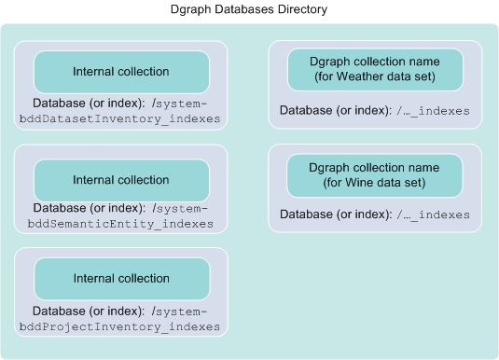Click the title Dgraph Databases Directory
tap(249, 9)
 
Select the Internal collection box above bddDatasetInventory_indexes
tap(121, 72)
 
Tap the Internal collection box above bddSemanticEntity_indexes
tap(121, 179)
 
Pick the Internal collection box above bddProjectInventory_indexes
tap(121, 278)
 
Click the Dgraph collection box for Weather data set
tap(375, 69)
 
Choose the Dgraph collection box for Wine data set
tap(375, 174)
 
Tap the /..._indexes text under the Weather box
tap(433, 111)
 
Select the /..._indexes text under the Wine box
tap(433, 215)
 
